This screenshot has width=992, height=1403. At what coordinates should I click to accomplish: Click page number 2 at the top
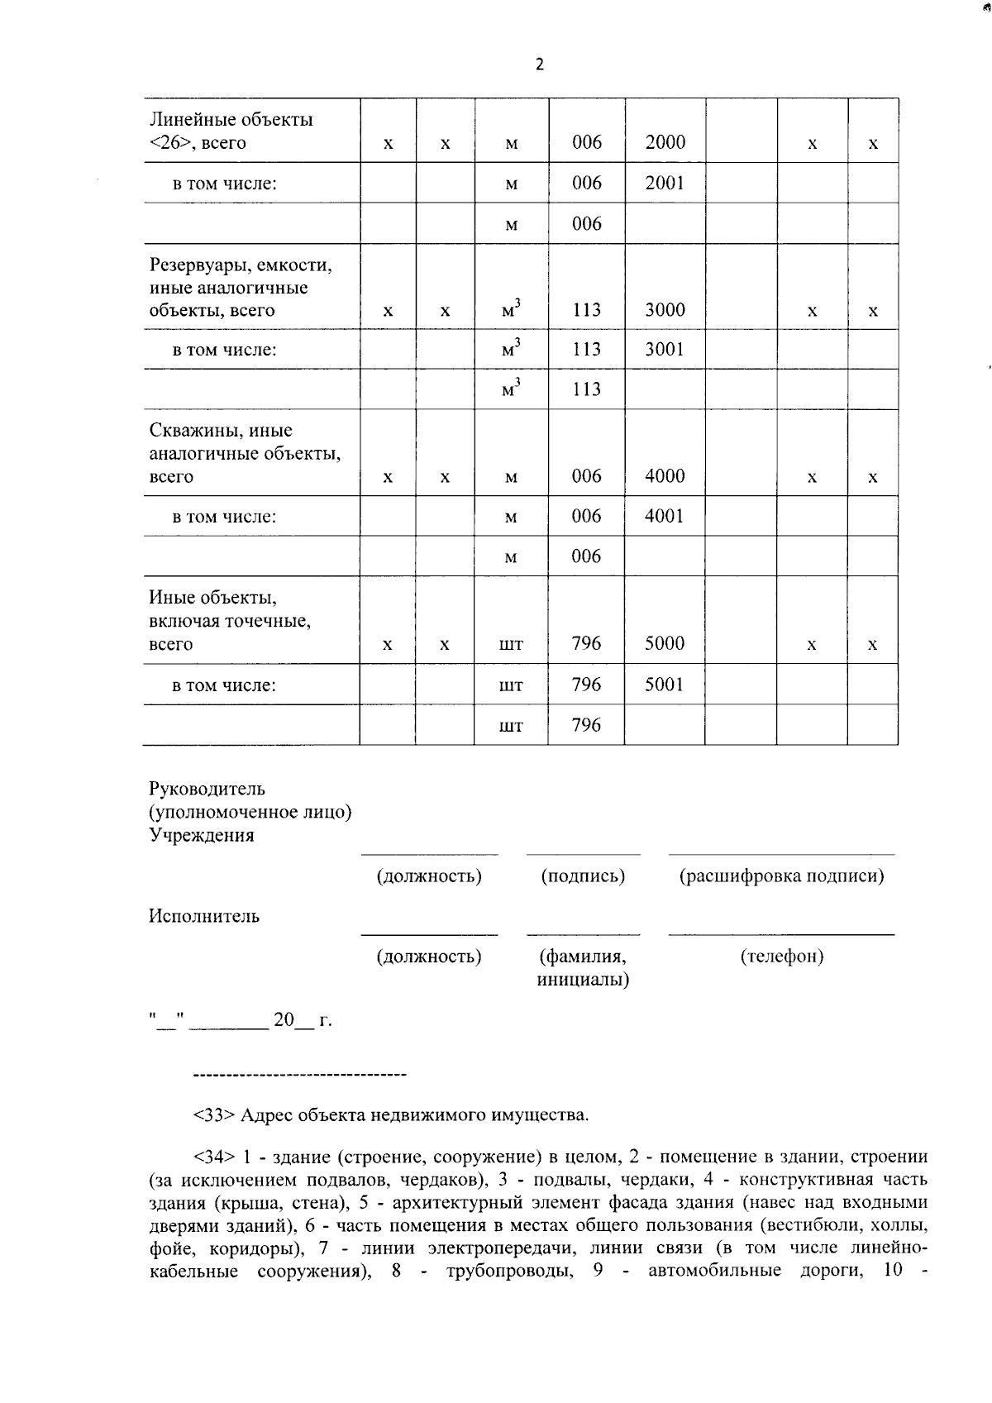(x=540, y=64)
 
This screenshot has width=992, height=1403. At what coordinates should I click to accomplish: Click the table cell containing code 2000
(x=665, y=142)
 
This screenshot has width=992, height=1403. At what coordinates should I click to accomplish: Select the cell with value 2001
(x=665, y=183)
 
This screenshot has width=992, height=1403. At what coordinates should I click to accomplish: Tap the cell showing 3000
(x=665, y=310)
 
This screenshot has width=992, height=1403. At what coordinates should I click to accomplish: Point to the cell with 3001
(x=665, y=349)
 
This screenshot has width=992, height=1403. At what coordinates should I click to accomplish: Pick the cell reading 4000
(x=665, y=476)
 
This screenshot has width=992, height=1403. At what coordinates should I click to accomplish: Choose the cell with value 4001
(x=665, y=516)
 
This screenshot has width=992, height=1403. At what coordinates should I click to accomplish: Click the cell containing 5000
(x=665, y=643)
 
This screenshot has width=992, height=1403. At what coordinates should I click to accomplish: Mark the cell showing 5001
(x=665, y=685)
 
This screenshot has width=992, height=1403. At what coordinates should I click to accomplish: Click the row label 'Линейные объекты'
(x=231, y=120)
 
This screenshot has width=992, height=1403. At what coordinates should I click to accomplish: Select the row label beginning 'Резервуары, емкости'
(x=240, y=265)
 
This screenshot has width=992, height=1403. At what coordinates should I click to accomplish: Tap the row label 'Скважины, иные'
(x=221, y=431)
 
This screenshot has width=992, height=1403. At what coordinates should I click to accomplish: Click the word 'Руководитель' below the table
(x=207, y=789)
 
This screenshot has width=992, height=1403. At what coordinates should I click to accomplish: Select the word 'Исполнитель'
(x=204, y=916)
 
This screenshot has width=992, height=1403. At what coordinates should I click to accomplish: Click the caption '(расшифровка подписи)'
(x=781, y=876)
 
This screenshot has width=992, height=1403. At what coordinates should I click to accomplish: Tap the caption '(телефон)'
(x=781, y=957)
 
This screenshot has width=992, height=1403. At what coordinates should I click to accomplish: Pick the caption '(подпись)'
(x=583, y=876)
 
